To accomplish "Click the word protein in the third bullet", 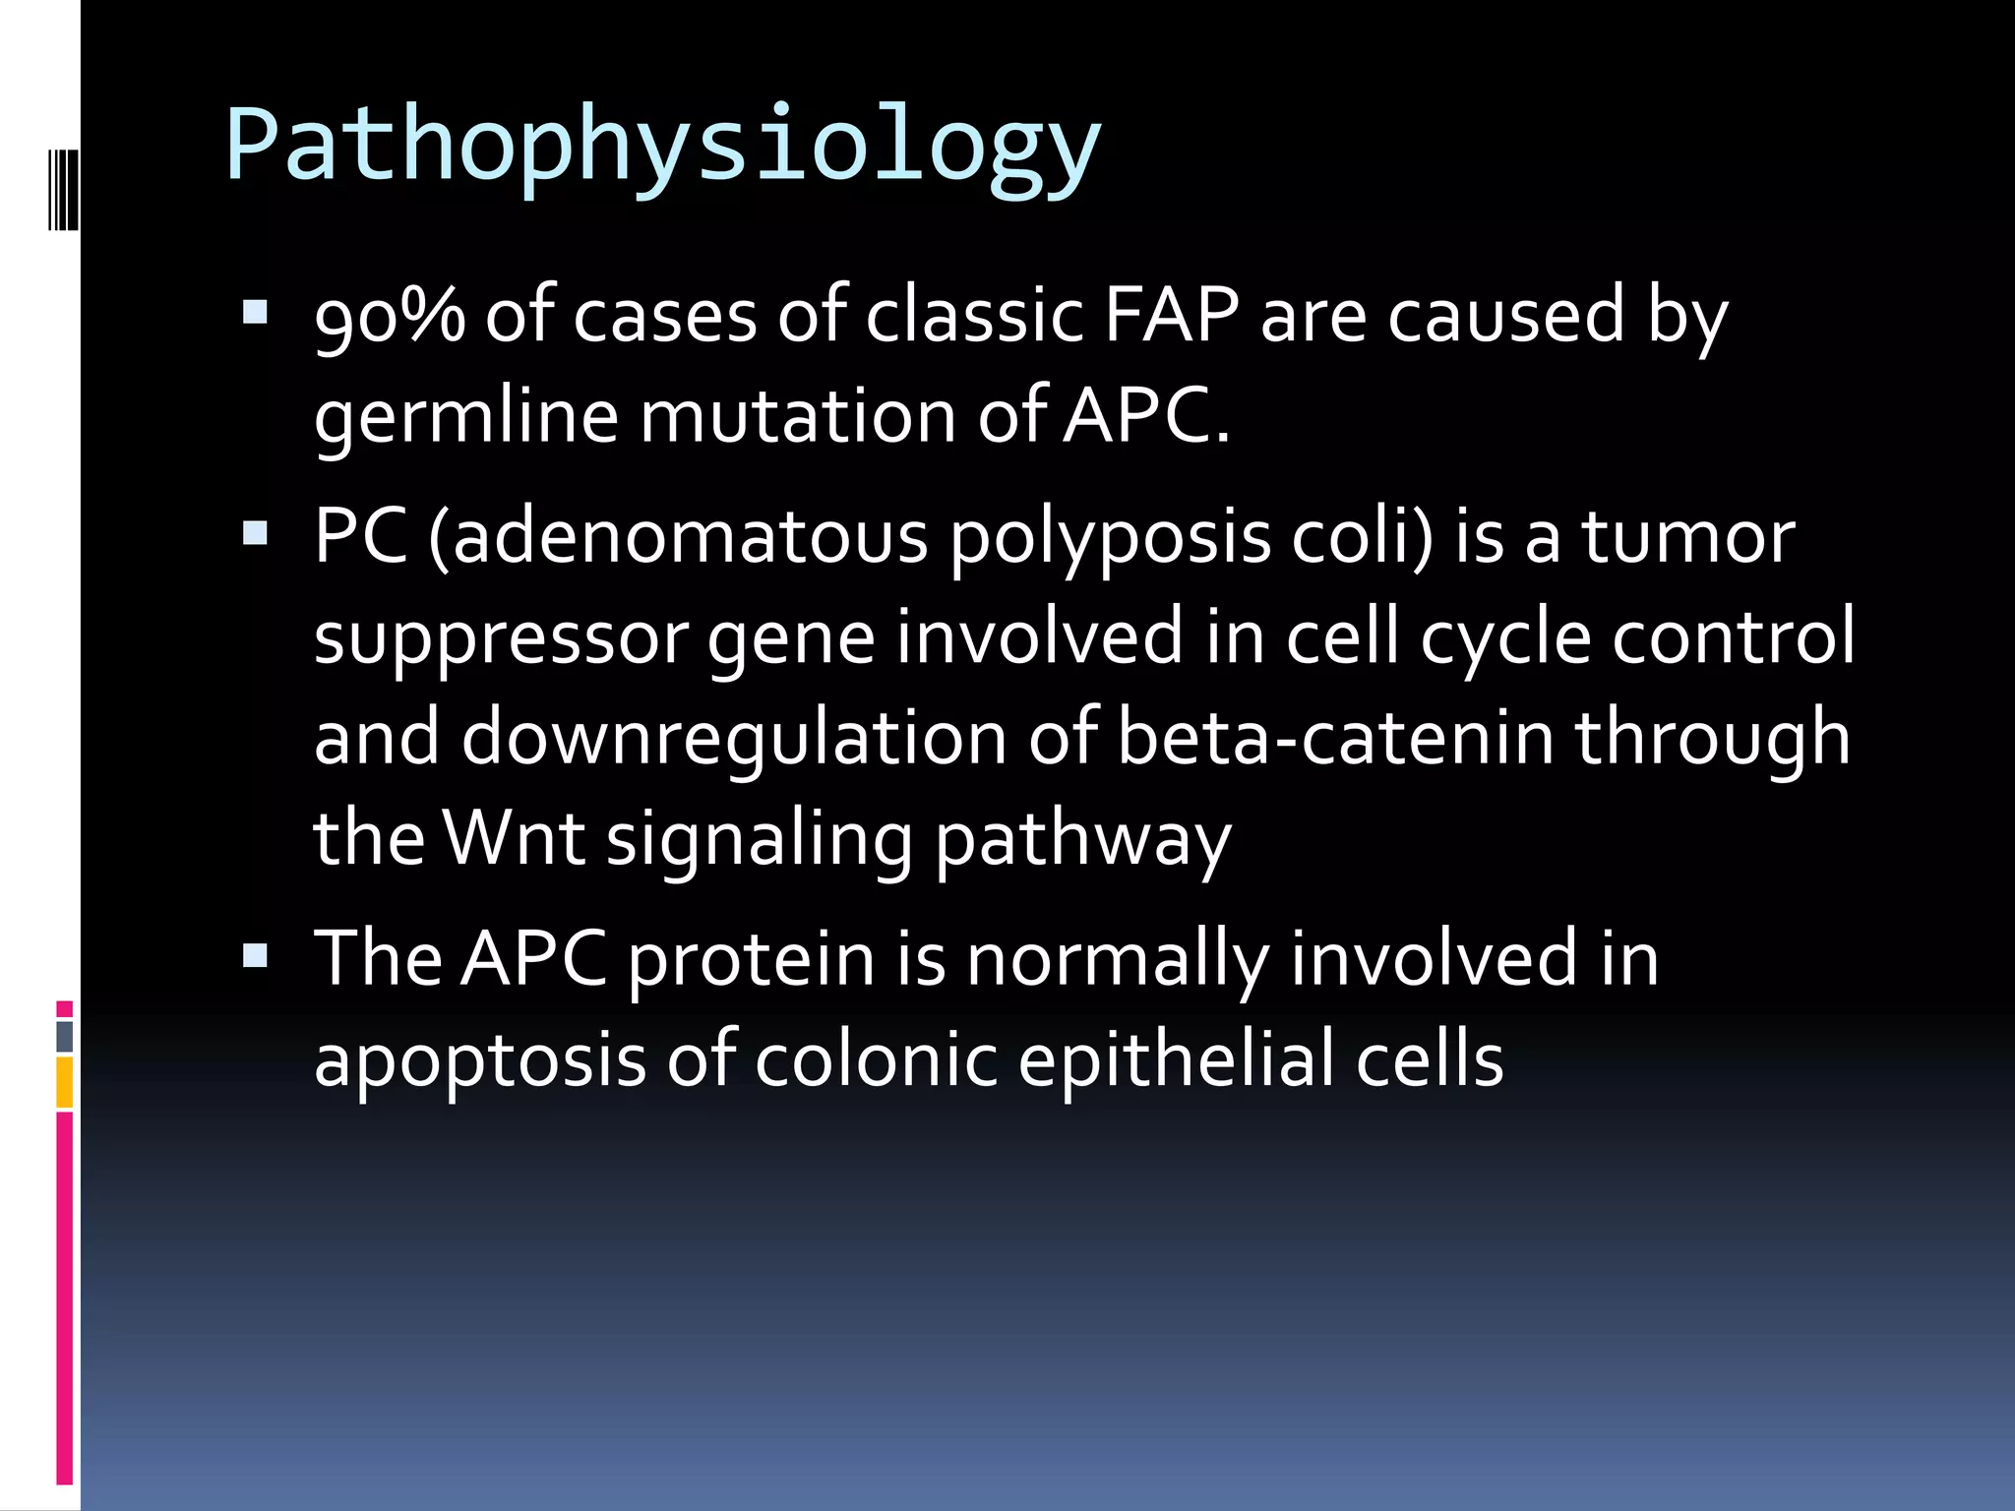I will (x=751, y=959).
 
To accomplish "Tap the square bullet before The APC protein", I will (x=255, y=955).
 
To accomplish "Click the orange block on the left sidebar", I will (x=65, y=1082).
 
